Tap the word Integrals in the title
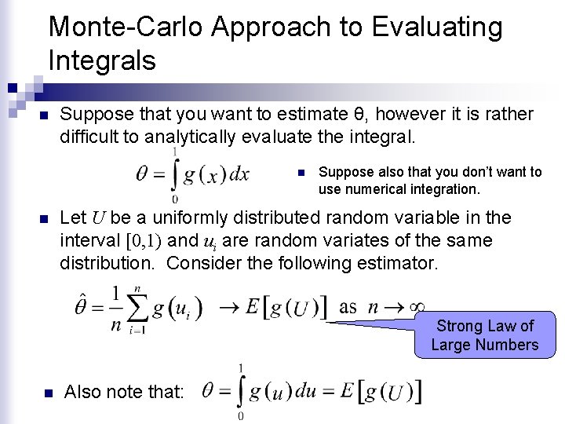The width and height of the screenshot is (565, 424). pos(101,60)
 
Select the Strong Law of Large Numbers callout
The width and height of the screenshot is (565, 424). pos(484,335)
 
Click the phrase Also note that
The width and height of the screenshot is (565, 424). pos(125,392)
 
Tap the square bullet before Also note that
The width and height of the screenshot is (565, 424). pos(46,393)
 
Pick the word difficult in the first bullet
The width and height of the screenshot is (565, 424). pos(87,136)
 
